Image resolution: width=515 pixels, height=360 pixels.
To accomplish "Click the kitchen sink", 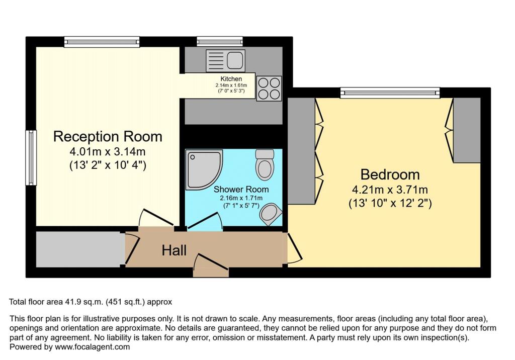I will pos(225,61).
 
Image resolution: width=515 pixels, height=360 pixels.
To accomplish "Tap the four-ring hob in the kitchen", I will pos(269,88).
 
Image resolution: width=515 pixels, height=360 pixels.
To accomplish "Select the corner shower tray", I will pos(203,168).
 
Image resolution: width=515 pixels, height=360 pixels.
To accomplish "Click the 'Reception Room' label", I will pos(108,136).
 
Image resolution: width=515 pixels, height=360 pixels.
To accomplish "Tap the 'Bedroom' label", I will pos(390,175).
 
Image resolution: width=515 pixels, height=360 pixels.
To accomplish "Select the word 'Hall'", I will pos(174,250).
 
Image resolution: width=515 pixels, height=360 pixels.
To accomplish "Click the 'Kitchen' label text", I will pos(231,79).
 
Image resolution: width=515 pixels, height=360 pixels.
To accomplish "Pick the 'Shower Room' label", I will pos(241,190).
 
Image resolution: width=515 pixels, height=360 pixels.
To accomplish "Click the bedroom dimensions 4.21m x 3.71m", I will pos(390,190).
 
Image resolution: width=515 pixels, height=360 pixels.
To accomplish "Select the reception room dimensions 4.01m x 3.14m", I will pos(108,151).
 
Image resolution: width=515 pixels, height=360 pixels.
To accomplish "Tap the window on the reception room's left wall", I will pos(31,157).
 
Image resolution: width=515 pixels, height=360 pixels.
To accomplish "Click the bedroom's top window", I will pos(389,92).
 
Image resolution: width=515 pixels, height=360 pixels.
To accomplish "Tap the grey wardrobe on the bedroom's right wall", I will pos(467,130).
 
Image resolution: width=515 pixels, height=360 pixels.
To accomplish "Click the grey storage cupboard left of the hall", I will pos(80,249).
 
